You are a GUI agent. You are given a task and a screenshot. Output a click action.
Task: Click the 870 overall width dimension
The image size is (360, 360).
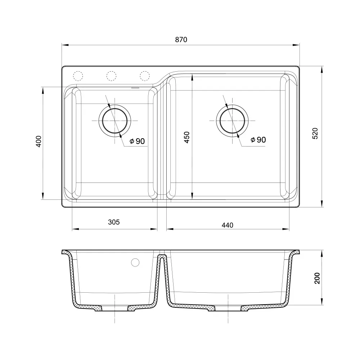click(181, 40)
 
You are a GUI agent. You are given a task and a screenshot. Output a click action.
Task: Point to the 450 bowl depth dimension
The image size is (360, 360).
click(186, 137)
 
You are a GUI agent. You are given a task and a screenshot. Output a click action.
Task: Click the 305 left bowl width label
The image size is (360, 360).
click(114, 222)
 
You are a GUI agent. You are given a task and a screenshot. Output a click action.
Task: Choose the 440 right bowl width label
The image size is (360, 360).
click(228, 225)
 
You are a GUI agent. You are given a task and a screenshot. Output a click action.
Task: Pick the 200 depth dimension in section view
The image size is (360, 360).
click(317, 278)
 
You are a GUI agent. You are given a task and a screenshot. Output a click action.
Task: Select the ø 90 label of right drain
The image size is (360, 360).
click(258, 140)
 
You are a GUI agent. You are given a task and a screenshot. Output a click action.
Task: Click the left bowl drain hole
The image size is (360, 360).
click(115, 120)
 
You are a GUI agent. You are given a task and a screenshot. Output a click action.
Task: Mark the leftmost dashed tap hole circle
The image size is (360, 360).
click(78, 76)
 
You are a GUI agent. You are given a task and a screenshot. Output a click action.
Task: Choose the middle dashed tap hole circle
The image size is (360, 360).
click(111, 76)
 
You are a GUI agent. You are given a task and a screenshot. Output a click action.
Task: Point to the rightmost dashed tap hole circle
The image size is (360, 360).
click(144, 76)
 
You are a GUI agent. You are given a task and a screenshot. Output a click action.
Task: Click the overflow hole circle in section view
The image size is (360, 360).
click(135, 262)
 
